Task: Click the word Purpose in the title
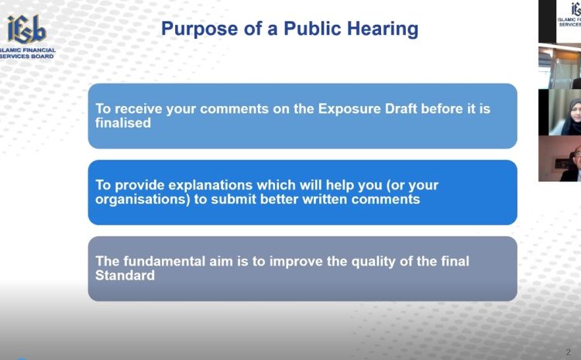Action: click(199, 29)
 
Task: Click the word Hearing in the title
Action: click(383, 29)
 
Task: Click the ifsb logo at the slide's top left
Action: click(27, 29)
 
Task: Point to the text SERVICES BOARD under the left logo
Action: click(27, 57)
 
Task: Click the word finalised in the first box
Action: click(123, 123)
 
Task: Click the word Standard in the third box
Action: click(125, 276)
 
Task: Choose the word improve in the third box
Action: click(296, 262)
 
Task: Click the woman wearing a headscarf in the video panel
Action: click(572, 117)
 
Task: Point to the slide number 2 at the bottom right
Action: click(569, 351)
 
